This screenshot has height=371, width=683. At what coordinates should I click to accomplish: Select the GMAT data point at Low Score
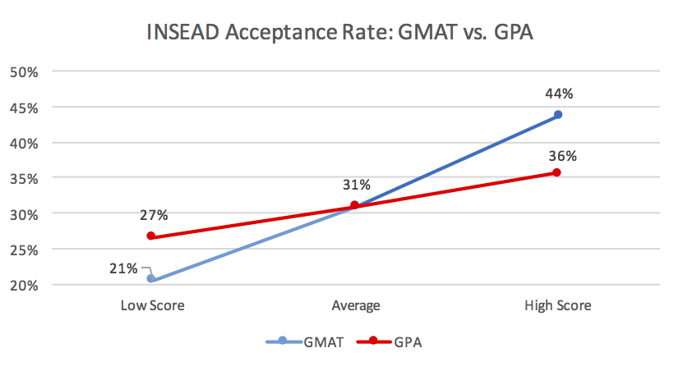[x=151, y=279]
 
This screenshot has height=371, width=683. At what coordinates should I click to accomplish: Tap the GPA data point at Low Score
[x=151, y=236]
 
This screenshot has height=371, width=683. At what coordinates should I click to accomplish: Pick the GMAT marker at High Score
[x=558, y=115]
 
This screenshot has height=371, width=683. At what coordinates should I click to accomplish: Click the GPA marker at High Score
[x=557, y=172]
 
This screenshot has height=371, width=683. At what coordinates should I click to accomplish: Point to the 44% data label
[x=559, y=94]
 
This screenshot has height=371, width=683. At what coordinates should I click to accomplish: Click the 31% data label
[x=357, y=185]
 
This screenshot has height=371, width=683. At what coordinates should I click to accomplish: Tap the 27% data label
[x=154, y=215]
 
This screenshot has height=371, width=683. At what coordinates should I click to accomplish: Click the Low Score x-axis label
[x=152, y=306]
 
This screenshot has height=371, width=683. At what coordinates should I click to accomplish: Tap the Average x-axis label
[x=355, y=306]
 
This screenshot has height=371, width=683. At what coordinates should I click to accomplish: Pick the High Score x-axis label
[x=558, y=306]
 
